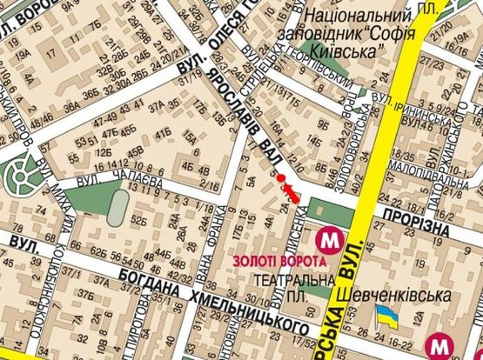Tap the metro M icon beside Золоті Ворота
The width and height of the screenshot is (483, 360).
tap(328, 238)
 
